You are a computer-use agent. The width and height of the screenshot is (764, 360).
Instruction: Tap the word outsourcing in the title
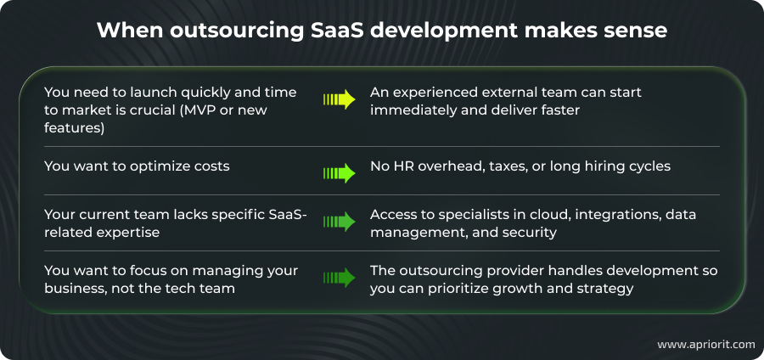coord(221,31)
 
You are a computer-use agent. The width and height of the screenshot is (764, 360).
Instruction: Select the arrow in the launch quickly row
coord(339,99)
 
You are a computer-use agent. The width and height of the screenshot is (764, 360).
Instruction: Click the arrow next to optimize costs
coord(339,172)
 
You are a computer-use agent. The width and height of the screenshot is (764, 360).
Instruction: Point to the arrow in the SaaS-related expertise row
coord(339,222)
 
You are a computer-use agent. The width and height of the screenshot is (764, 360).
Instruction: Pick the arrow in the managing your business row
coord(339,278)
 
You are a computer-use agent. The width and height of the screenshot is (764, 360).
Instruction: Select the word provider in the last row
coord(518,270)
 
